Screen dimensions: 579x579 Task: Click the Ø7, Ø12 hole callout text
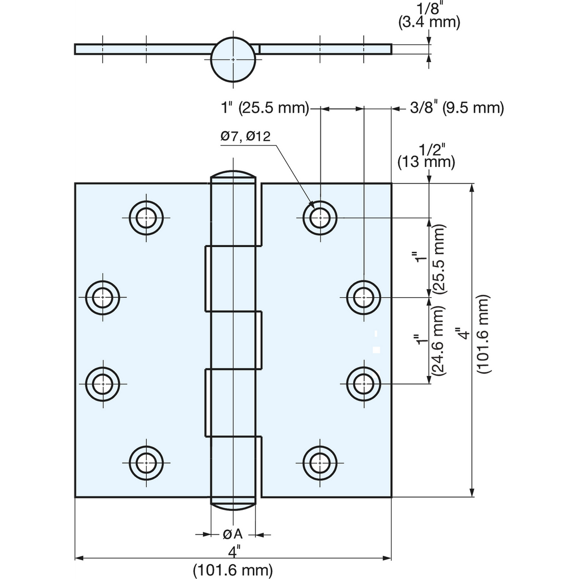click(246, 137)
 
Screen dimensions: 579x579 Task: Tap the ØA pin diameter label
click(233, 534)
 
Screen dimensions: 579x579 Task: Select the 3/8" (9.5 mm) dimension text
click(457, 108)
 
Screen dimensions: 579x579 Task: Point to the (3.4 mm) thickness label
click(429, 23)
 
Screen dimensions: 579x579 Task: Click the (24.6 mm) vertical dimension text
click(438, 341)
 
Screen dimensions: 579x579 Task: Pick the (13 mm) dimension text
click(426, 162)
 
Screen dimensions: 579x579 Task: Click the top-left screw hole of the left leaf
click(146, 218)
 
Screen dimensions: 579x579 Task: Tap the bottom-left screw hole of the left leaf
click(146, 463)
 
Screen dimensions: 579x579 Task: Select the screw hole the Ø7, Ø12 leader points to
click(320, 218)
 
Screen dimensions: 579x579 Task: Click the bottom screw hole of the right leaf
click(320, 463)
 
